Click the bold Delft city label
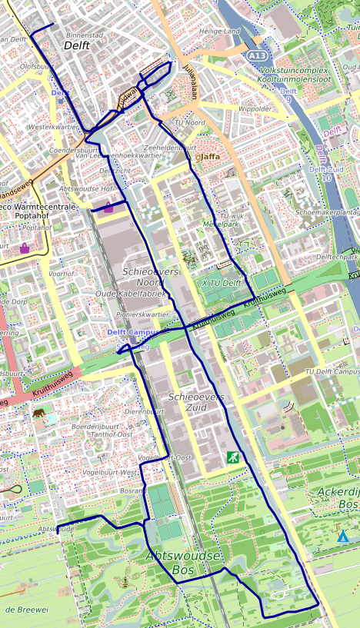(77, 45)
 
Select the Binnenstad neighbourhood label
(85, 35)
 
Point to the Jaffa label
(210, 156)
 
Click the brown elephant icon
(39, 413)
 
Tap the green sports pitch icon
(232, 457)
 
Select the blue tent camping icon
(343, 536)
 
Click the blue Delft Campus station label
(132, 332)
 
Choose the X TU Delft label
(222, 284)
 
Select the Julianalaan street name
(190, 81)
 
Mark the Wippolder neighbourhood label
(255, 109)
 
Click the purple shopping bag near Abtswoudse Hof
(108, 207)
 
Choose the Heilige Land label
(219, 32)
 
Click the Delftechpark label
(337, 257)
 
